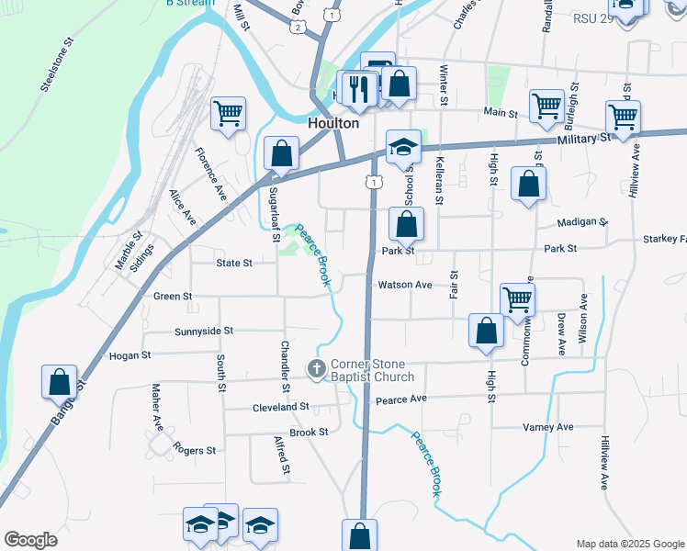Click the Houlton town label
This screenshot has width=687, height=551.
click(x=332, y=122)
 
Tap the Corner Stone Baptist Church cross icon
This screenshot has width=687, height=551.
click(x=315, y=369)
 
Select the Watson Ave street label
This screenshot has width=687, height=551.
click(x=405, y=286)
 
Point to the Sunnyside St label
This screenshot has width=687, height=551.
click(x=204, y=331)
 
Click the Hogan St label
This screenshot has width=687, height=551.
click(x=130, y=355)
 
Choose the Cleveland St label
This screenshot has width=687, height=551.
click(x=280, y=407)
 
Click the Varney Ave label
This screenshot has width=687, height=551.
click(x=547, y=427)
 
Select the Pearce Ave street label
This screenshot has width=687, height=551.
click(x=401, y=399)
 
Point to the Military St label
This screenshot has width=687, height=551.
click(x=583, y=138)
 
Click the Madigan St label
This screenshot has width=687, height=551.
click(x=582, y=222)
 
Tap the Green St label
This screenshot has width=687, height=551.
click(x=173, y=297)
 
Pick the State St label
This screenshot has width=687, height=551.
click(x=233, y=264)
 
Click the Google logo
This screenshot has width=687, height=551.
click(x=30, y=540)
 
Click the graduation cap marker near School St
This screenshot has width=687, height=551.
click(x=402, y=147)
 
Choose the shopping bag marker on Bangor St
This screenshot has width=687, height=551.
click(x=59, y=381)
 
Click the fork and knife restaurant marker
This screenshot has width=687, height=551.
click(x=355, y=88)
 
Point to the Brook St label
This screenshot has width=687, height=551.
click(x=309, y=432)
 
